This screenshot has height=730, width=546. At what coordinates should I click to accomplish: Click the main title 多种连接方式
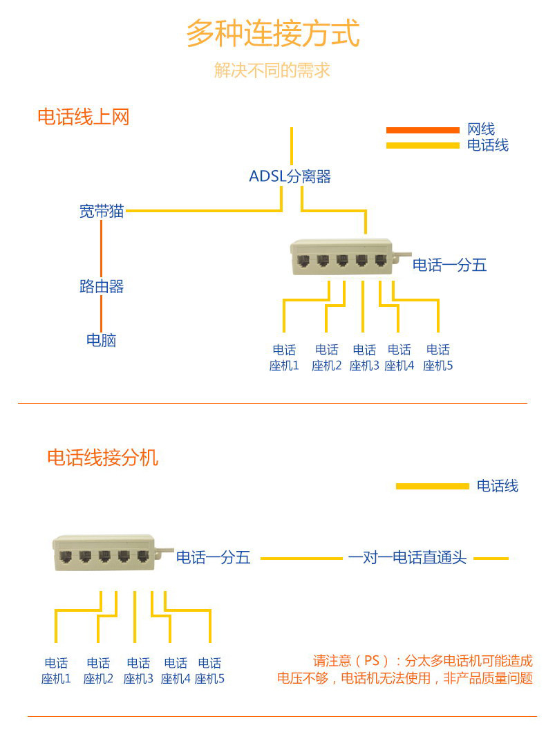(272, 33)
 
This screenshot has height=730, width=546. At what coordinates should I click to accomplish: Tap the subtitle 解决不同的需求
(272, 70)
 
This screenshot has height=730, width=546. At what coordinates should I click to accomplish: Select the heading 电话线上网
(83, 117)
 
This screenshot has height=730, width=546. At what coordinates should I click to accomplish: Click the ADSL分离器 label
(290, 176)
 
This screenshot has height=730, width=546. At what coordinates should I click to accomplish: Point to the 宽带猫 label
(102, 212)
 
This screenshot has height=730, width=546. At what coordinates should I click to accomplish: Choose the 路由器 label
(102, 286)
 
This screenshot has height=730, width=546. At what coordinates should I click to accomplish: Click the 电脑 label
(102, 340)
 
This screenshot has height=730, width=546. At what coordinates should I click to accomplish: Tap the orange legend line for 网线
(422, 130)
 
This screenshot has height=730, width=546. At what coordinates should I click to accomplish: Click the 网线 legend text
(481, 129)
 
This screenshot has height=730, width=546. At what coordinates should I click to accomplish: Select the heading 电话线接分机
(102, 457)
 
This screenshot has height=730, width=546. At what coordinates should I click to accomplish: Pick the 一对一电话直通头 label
(407, 558)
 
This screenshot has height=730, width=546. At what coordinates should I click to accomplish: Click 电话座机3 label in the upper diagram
(364, 357)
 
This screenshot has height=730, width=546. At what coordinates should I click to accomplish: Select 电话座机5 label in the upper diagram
(438, 357)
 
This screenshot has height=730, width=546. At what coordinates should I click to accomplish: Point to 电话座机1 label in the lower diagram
(56, 671)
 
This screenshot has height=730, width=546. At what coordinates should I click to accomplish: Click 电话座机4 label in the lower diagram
(176, 671)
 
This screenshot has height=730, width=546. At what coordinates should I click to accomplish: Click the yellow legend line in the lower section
(432, 486)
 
